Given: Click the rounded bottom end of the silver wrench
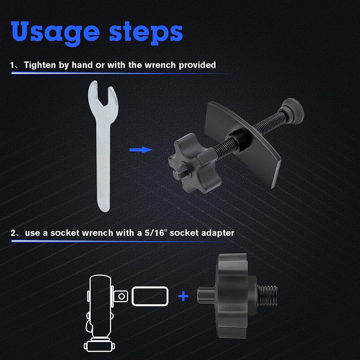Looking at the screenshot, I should [104, 206].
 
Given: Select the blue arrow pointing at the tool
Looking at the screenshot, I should [141, 150].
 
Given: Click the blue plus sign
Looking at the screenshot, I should [183, 296].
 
